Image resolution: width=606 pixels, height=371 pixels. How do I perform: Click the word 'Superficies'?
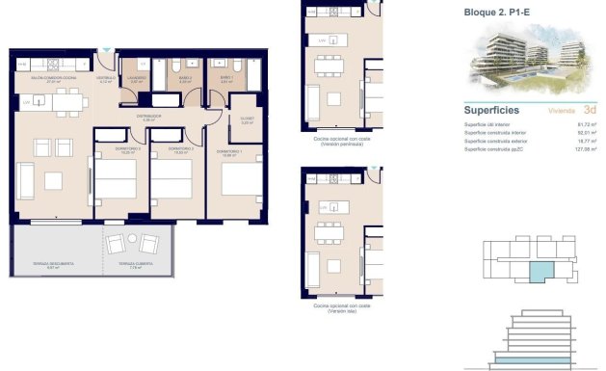point(492,109)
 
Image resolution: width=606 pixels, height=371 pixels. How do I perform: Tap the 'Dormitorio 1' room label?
point(228,151)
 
